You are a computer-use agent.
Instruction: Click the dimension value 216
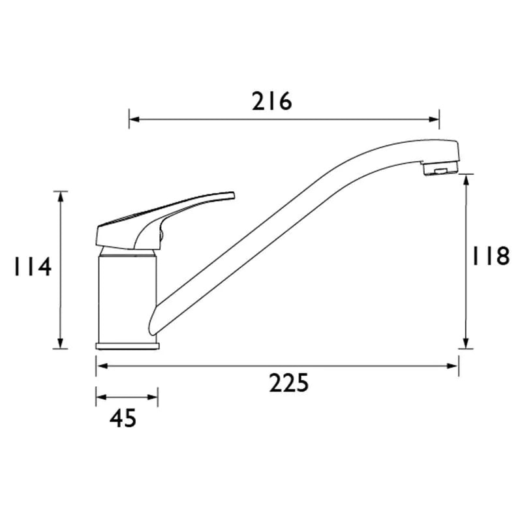(x=271, y=101)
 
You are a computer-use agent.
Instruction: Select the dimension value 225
(x=289, y=383)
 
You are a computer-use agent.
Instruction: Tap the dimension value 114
(x=32, y=266)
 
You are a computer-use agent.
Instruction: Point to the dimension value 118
(x=491, y=256)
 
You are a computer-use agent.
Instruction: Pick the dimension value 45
(x=123, y=418)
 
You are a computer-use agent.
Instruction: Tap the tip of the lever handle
(x=234, y=195)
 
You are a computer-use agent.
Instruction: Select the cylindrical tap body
(x=127, y=299)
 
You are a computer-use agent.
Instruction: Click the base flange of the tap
(x=127, y=346)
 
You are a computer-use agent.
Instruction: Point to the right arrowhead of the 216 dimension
(x=435, y=119)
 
